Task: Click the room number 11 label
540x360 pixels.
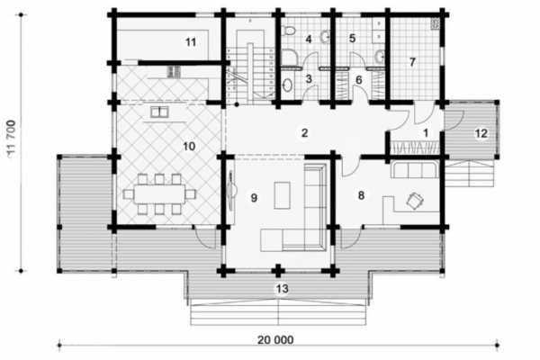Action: [x=191, y=42]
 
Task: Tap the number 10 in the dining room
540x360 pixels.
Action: [x=189, y=147]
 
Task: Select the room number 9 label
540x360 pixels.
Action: [x=254, y=198]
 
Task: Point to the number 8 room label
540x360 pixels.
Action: [x=361, y=195]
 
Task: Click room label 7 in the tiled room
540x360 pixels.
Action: [x=412, y=62]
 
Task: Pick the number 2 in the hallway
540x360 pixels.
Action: [x=304, y=132]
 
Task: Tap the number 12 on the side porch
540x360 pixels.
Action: [x=481, y=133]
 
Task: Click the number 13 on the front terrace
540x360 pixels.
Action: [x=282, y=289]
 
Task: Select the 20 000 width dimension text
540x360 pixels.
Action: [x=275, y=340]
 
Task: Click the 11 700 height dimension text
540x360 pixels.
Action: [x=12, y=139]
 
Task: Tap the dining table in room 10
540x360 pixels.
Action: [x=159, y=194]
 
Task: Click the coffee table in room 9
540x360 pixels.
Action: [x=282, y=195]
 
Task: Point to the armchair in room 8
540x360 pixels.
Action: [x=415, y=201]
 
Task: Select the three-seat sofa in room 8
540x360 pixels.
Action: [x=415, y=169]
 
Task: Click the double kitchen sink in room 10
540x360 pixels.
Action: [x=159, y=112]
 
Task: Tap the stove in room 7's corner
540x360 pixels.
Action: [x=435, y=24]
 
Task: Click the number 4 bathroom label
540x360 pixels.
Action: [x=309, y=40]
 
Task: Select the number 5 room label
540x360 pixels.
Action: [x=352, y=38]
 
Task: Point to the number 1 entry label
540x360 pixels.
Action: [x=426, y=132]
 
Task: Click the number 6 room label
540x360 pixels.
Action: [x=359, y=80]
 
